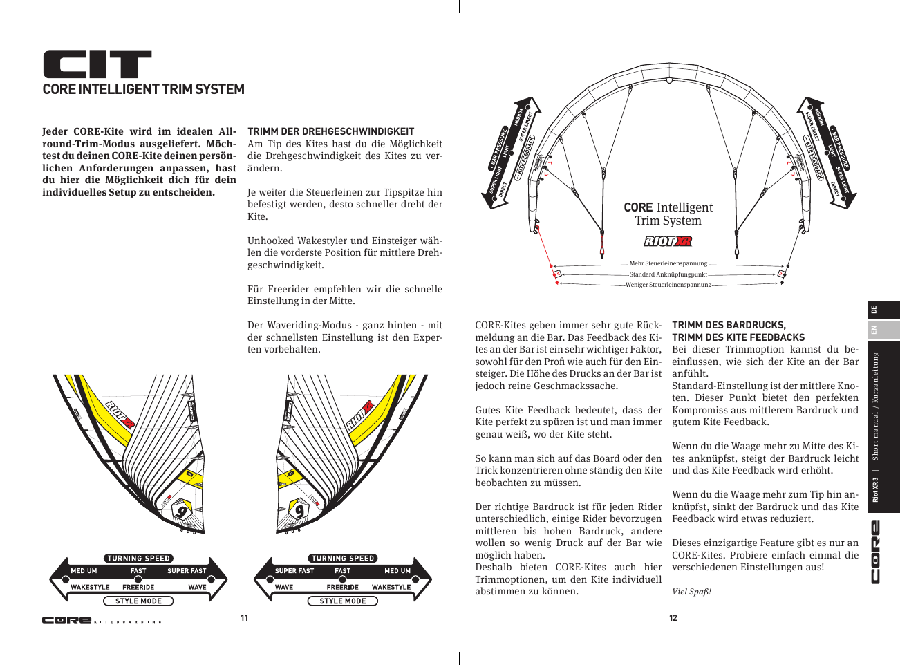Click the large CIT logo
[97, 64]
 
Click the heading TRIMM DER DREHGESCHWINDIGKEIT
[330, 131]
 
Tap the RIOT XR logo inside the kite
[668, 241]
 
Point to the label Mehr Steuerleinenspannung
[668, 263]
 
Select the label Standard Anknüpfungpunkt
[668, 274]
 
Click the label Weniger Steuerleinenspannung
[668, 285]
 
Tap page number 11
[244, 618]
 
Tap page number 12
[673, 618]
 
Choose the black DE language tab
[883, 310]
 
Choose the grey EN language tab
[883, 330]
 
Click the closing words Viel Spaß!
[691, 592]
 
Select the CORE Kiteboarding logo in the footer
[102, 620]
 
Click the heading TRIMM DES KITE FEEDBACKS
[738, 337]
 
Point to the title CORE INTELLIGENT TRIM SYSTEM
[143, 89]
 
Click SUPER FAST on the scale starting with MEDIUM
[187, 571]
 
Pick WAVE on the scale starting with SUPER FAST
[284, 587]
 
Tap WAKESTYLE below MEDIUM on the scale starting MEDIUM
[90, 587]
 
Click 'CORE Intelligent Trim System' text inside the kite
[668, 214]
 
